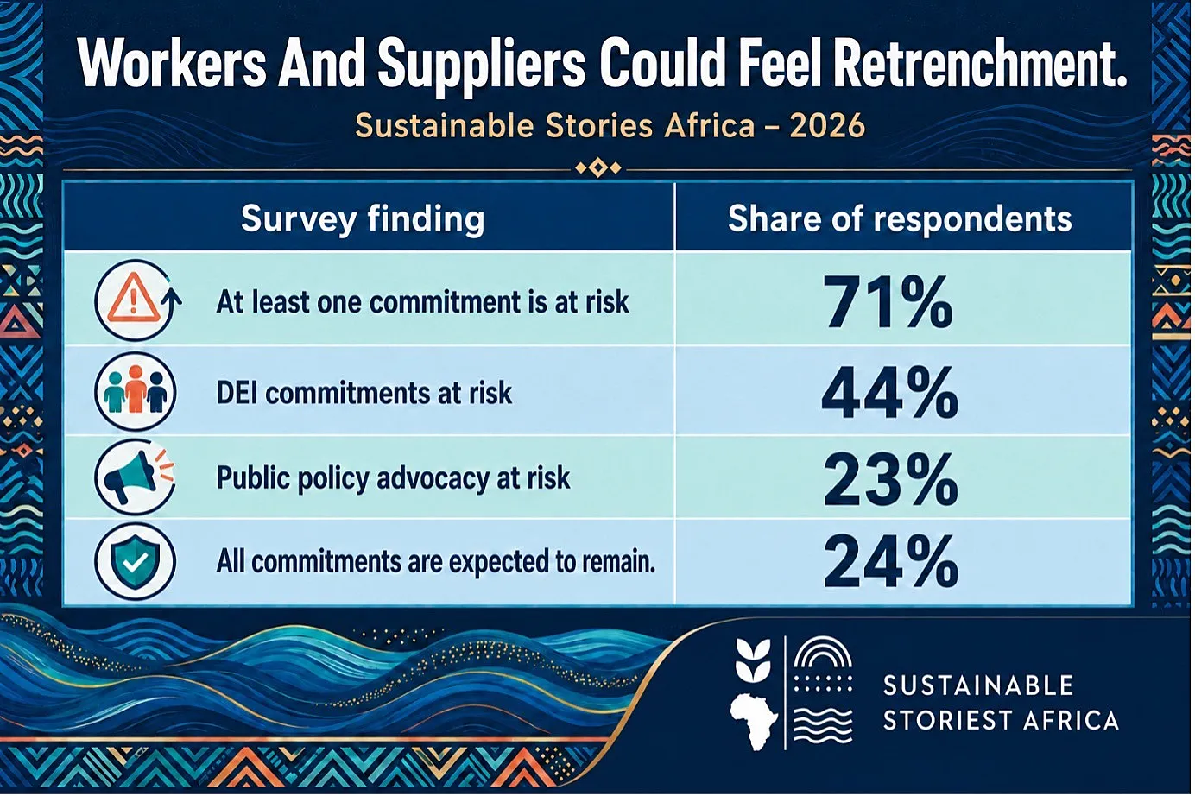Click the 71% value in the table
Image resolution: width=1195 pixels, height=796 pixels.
coord(888,302)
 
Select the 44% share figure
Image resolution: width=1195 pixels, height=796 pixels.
coord(889,392)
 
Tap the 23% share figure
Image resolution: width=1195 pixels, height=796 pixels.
coord(890,478)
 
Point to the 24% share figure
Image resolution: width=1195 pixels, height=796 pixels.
coord(890,562)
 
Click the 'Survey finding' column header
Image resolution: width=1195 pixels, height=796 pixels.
coord(363,219)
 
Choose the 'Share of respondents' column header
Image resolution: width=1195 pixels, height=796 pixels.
coord(900,218)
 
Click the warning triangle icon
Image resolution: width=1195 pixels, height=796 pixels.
coord(133,298)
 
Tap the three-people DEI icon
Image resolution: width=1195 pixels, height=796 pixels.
coord(135,391)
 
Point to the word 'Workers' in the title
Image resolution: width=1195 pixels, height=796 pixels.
coord(171,64)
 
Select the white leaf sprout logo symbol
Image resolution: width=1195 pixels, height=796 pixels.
coord(753,660)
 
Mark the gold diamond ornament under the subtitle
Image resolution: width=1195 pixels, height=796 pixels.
coord(598,168)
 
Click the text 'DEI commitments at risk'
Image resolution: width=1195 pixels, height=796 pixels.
coord(364,393)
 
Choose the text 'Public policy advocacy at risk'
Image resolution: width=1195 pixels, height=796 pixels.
coord(393,478)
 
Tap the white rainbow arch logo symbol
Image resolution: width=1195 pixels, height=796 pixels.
coord(823,653)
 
